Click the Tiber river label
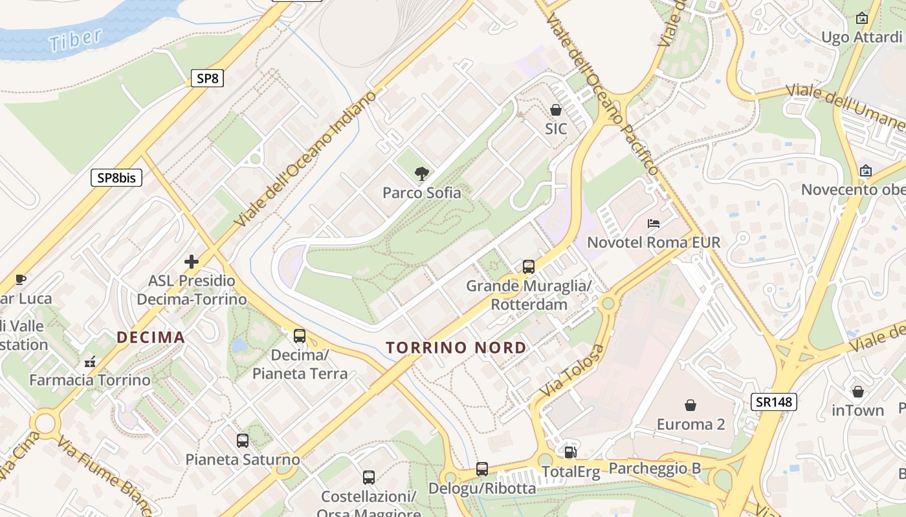(75, 39)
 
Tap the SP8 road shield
(207, 79)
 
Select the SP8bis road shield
(116, 178)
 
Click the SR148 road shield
(773, 402)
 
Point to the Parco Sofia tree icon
(422, 174)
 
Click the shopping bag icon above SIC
(555, 111)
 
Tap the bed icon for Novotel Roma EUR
(654, 224)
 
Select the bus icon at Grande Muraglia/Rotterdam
(529, 266)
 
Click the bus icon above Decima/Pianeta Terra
(300, 336)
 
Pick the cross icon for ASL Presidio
(192, 262)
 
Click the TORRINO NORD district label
(456, 348)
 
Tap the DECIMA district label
(151, 337)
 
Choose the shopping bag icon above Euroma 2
(691, 405)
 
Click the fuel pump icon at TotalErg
(570, 452)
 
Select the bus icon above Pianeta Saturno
(243, 441)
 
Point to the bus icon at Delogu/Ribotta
(482, 469)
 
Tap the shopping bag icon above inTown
(857, 392)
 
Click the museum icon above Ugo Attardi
(862, 18)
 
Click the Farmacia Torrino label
(90, 380)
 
